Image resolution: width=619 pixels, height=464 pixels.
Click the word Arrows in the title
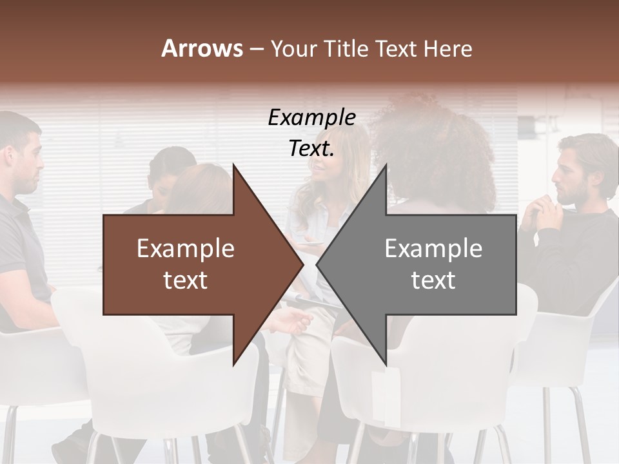[x=202, y=48]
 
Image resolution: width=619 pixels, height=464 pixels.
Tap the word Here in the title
[x=447, y=48]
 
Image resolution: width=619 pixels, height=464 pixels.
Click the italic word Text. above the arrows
[x=311, y=149]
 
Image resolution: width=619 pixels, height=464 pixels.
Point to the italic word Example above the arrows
[x=311, y=118]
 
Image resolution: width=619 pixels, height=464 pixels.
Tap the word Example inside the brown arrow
[x=186, y=249]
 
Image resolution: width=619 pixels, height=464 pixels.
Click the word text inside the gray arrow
[x=433, y=280]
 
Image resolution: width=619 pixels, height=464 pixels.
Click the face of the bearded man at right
[x=567, y=171]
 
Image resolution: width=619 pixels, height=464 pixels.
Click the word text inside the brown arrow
[x=186, y=280]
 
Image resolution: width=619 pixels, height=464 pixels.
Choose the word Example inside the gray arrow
[x=433, y=249]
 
